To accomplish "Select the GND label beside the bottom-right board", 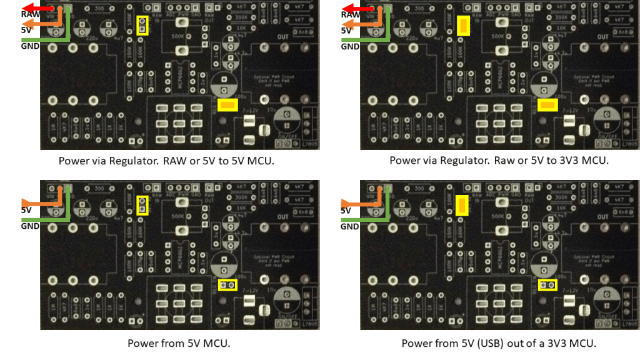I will (350, 226).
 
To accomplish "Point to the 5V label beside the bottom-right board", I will (346, 211).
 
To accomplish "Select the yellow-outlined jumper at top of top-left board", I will (142, 26).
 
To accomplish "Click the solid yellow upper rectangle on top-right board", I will (463, 26).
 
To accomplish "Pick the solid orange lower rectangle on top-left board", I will (227, 105).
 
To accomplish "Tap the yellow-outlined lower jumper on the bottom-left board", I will (228, 285).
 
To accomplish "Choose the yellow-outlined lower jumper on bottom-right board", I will (548, 285).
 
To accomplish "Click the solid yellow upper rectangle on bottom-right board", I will (463, 205).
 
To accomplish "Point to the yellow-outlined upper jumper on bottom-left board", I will (142, 206).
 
